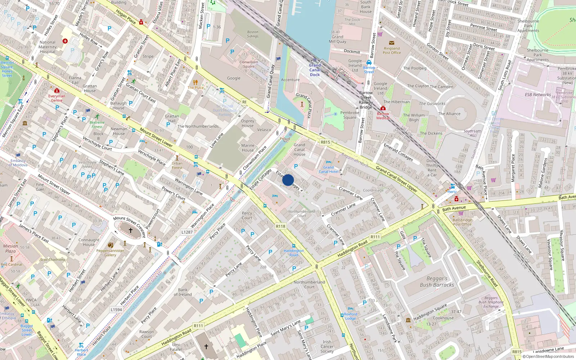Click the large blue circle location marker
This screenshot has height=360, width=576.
(288, 180)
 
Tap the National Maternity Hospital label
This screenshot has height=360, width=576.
(48, 47)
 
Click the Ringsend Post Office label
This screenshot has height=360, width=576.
(392, 50)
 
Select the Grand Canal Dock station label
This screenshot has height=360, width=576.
(315, 70)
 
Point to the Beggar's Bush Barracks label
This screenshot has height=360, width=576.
(437, 282)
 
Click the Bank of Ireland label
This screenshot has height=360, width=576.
(183, 292)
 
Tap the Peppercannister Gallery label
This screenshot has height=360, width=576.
(110, 253)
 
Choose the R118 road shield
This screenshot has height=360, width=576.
(280, 226)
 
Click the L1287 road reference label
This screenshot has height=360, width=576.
(187, 232)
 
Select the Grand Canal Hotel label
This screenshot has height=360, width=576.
(328, 169)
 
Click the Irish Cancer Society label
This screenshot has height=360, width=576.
(327, 347)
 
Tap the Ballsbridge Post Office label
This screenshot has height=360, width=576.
(462, 222)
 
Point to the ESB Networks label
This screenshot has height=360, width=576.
(537, 95)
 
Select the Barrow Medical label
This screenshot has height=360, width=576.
(383, 116)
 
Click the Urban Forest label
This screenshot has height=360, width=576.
(177, 165)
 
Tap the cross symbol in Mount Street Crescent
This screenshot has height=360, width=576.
(131, 230)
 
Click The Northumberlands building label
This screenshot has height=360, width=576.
(198, 126)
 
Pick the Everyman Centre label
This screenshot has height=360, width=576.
(57, 98)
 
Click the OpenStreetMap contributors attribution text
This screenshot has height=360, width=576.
(548, 357)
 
